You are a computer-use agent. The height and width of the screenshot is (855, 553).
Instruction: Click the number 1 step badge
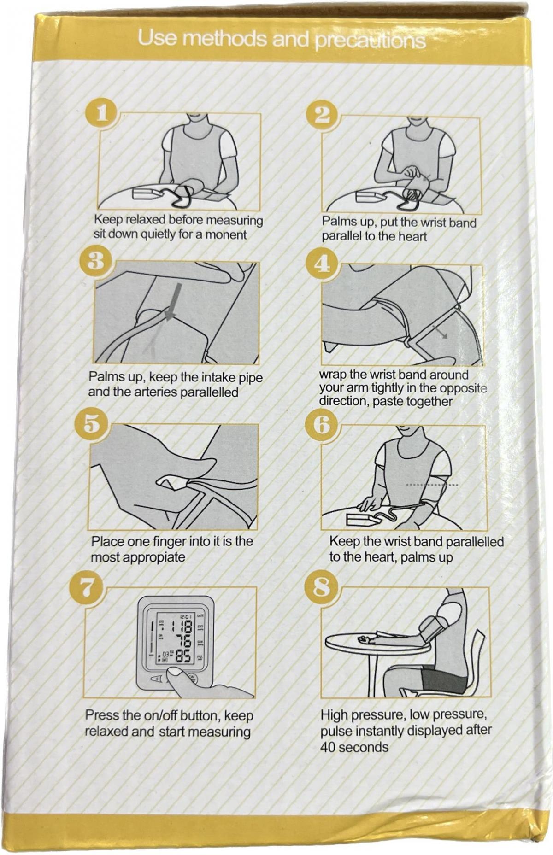point(101,112)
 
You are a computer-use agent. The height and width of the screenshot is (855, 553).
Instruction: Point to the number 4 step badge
point(322,264)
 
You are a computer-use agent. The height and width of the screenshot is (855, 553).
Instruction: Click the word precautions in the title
point(370,41)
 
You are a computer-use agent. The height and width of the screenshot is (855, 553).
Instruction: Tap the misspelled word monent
point(226,235)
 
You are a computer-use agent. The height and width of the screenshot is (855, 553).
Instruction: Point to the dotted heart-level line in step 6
point(432,485)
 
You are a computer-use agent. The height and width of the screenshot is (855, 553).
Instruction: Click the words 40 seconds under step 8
point(354,747)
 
